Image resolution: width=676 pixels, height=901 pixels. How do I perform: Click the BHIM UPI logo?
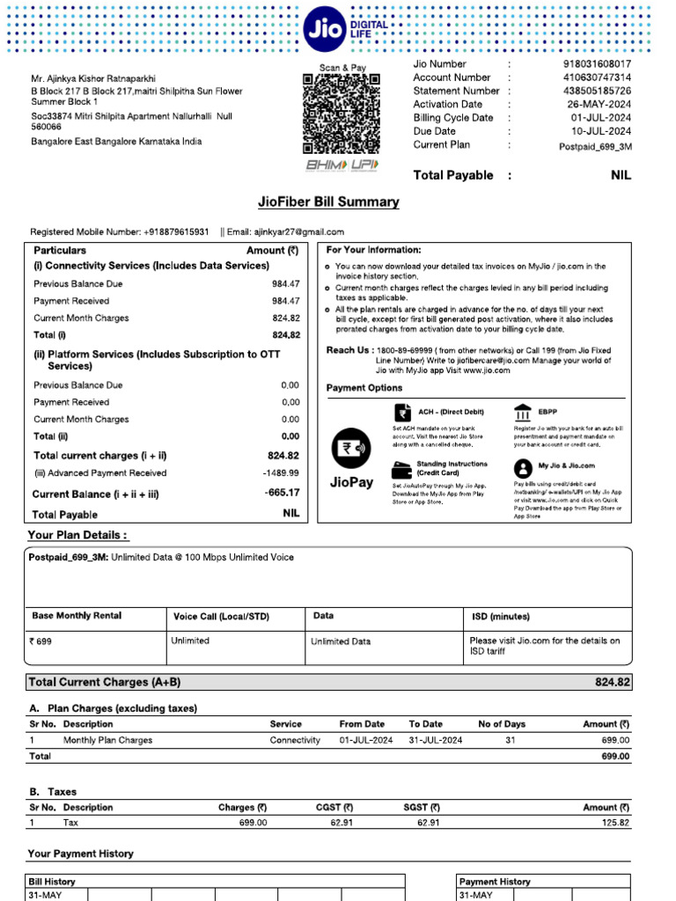point(341,165)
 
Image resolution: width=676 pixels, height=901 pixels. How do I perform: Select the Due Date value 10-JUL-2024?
point(600,131)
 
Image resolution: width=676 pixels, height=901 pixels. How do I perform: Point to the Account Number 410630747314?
point(597,77)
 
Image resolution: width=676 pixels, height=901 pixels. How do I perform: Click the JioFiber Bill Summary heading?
point(328,202)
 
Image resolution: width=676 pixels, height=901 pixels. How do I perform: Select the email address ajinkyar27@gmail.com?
point(299,232)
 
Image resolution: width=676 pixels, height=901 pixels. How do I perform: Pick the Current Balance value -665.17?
point(282,493)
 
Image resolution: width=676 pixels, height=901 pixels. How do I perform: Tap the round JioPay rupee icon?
point(351,447)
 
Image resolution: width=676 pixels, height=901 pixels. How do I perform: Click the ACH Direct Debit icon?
point(402,413)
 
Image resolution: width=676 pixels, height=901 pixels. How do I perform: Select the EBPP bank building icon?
point(523,413)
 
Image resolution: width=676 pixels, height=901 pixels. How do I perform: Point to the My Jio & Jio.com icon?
point(523,467)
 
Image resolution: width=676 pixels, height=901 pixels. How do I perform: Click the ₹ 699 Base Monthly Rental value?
point(40,641)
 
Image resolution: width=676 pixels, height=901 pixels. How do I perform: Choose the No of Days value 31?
point(511,741)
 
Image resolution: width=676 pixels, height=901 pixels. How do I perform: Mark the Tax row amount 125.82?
point(614,823)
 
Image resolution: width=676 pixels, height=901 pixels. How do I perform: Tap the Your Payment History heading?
point(80,853)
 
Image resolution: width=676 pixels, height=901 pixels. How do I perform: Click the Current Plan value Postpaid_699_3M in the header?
point(595,146)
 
